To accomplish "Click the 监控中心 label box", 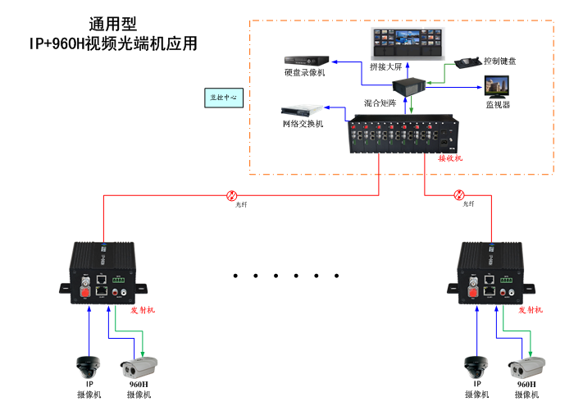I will pos(223,97).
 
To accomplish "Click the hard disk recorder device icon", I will pos(307,60).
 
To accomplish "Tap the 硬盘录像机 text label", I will pos(305,73).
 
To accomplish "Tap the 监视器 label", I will pos(498,104).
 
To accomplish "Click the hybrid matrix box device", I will pos(408,84).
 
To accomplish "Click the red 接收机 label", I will pos(450,157).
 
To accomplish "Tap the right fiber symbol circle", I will pos(459,195).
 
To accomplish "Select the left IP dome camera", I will pos(88,365).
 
